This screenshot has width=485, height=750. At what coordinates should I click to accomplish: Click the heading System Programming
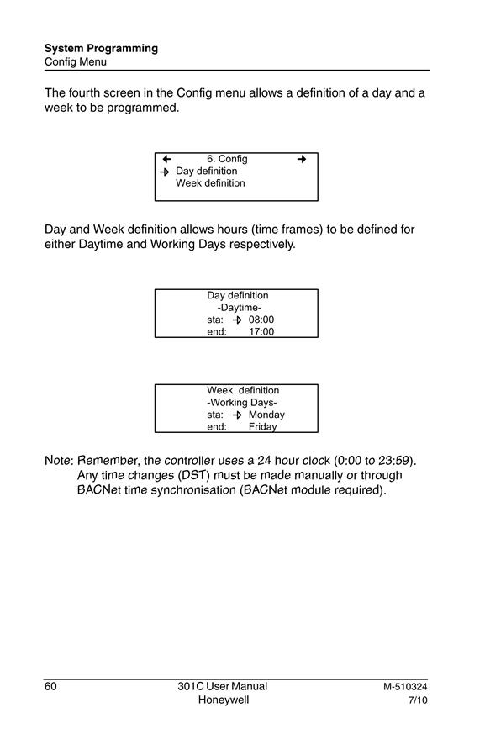pyautogui.click(x=101, y=48)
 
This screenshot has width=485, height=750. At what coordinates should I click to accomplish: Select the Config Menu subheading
pyautogui.click(x=76, y=61)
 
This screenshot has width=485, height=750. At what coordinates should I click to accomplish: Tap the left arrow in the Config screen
pyautogui.click(x=166, y=159)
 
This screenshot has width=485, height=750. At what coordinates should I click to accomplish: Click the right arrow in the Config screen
pyautogui.click(x=301, y=159)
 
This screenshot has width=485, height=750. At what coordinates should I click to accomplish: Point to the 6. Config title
pyautogui.click(x=227, y=159)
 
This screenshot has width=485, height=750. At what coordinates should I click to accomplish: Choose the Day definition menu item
pyautogui.click(x=206, y=171)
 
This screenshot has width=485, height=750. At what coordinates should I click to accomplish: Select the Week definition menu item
pyautogui.click(x=210, y=182)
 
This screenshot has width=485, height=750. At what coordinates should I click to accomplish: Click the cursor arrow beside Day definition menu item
pyautogui.click(x=165, y=172)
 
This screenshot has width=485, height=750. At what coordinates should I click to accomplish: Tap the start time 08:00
pyautogui.click(x=261, y=320)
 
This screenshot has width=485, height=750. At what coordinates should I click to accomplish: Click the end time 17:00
pyautogui.click(x=261, y=331)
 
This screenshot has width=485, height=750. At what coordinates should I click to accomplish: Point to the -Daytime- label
pyautogui.click(x=240, y=308)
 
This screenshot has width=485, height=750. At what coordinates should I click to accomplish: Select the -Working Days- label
pyautogui.click(x=242, y=403)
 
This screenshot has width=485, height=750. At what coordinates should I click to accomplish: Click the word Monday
pyautogui.click(x=266, y=415)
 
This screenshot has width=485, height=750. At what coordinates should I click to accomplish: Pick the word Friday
pyautogui.click(x=262, y=426)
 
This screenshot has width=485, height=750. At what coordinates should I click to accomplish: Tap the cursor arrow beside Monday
pyautogui.click(x=237, y=415)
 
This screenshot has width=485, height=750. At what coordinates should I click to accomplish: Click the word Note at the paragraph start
pyautogui.click(x=57, y=461)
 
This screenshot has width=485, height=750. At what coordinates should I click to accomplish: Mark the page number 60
pyautogui.click(x=50, y=686)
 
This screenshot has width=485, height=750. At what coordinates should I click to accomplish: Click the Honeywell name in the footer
pyautogui.click(x=224, y=700)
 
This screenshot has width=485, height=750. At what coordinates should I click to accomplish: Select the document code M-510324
pyautogui.click(x=405, y=687)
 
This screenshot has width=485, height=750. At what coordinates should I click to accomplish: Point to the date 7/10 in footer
pyautogui.click(x=418, y=700)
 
